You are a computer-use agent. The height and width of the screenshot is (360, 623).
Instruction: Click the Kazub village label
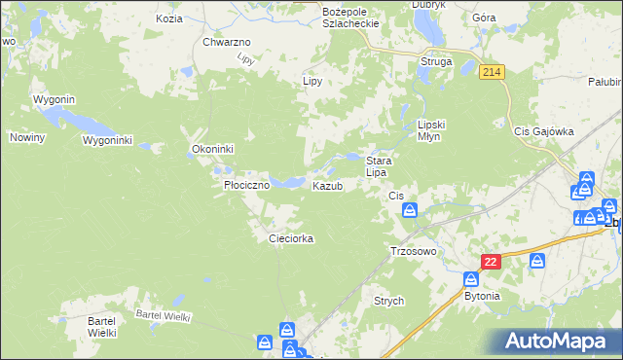point(327,186)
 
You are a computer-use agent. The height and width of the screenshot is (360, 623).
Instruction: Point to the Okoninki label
point(209,150)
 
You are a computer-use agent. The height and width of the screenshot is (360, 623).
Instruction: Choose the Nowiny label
point(27,137)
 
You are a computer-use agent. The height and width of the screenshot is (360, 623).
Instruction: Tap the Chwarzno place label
point(227,42)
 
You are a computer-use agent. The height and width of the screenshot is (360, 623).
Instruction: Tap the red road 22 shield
point(490,262)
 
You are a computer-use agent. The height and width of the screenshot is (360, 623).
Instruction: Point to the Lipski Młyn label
point(430,130)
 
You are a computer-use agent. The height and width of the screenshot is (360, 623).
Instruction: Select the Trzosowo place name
point(413,250)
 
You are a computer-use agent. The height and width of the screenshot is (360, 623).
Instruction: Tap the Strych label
point(388,301)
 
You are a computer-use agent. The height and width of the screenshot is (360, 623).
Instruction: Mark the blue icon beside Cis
point(412,209)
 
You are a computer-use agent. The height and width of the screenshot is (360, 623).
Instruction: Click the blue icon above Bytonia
point(470,279)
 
